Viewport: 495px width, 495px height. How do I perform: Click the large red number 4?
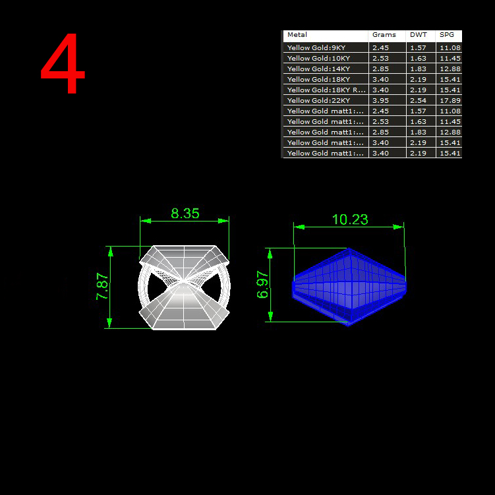point(63,63)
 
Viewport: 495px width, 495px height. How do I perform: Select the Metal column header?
point(297,35)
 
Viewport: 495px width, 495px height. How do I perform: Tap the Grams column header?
point(384,35)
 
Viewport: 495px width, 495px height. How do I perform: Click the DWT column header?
point(419,35)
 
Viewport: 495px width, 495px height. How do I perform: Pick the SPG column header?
point(447,35)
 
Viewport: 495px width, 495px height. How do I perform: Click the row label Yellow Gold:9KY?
point(316,47)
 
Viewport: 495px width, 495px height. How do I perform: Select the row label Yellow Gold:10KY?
point(318,59)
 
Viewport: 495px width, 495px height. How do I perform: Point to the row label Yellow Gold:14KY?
point(318,69)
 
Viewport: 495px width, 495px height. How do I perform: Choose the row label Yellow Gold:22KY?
point(318,100)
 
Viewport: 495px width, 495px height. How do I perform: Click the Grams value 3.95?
point(380,100)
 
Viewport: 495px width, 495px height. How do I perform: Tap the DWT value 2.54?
point(418,100)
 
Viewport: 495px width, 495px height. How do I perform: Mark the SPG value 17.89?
point(450,100)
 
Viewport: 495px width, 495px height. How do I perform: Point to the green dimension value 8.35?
point(185,214)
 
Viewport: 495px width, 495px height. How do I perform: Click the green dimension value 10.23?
point(350,219)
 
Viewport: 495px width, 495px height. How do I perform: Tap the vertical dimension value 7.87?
point(102,286)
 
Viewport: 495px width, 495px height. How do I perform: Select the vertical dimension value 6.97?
point(262,285)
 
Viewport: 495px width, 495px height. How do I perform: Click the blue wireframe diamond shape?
point(349,287)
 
